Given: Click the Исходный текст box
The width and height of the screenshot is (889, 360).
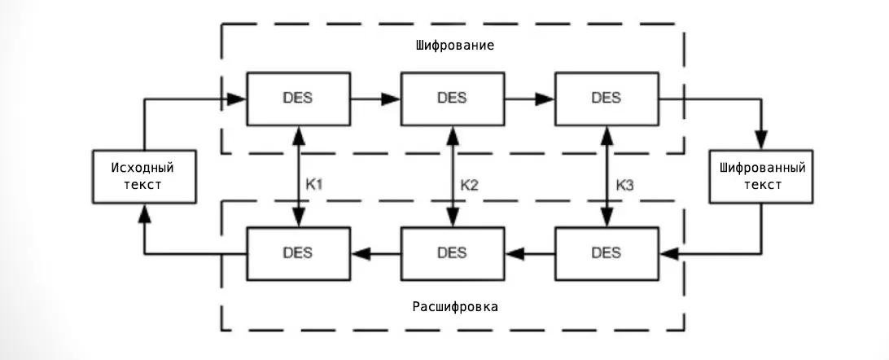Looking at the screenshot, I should (x=143, y=176).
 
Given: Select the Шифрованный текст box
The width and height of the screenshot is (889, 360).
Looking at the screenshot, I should (x=762, y=176).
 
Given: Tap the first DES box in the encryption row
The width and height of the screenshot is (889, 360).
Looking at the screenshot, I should (x=300, y=98).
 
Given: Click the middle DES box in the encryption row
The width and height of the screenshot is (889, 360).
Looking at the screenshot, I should (x=452, y=98).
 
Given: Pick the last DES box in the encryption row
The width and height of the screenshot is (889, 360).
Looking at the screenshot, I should (x=606, y=98).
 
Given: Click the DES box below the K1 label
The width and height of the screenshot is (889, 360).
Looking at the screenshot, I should (x=300, y=252).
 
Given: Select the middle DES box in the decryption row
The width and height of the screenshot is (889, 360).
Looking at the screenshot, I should (x=452, y=252).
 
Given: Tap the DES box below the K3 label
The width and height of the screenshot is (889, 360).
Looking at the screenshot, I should (x=606, y=252).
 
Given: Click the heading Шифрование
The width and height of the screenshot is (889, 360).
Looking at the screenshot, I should (x=453, y=46).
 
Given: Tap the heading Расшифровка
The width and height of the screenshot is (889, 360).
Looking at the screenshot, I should (x=452, y=307).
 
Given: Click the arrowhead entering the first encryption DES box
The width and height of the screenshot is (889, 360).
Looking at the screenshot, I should (x=238, y=99).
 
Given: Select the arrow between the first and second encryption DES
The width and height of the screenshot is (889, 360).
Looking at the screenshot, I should (x=376, y=99).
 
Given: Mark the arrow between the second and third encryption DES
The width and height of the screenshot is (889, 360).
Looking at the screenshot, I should (x=529, y=99).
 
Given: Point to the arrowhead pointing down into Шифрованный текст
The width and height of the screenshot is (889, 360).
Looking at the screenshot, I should (x=762, y=141).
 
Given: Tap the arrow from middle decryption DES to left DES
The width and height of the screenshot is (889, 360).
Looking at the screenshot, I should (x=376, y=253).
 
